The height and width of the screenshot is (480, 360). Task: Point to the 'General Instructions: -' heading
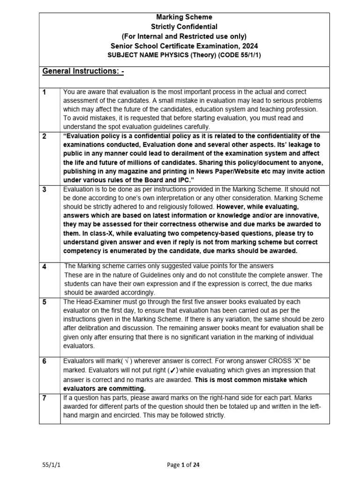pos(83,71)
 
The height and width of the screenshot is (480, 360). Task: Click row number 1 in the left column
pos(44,92)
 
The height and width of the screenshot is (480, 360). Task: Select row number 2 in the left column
pos(44,136)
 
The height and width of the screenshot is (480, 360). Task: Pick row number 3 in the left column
pos(44,189)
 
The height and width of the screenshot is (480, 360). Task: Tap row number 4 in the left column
pos(44,267)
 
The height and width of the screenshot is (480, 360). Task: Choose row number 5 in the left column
pos(44,302)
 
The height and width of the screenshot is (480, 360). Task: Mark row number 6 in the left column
pos(44,361)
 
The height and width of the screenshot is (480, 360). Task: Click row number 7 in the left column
pos(44,397)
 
